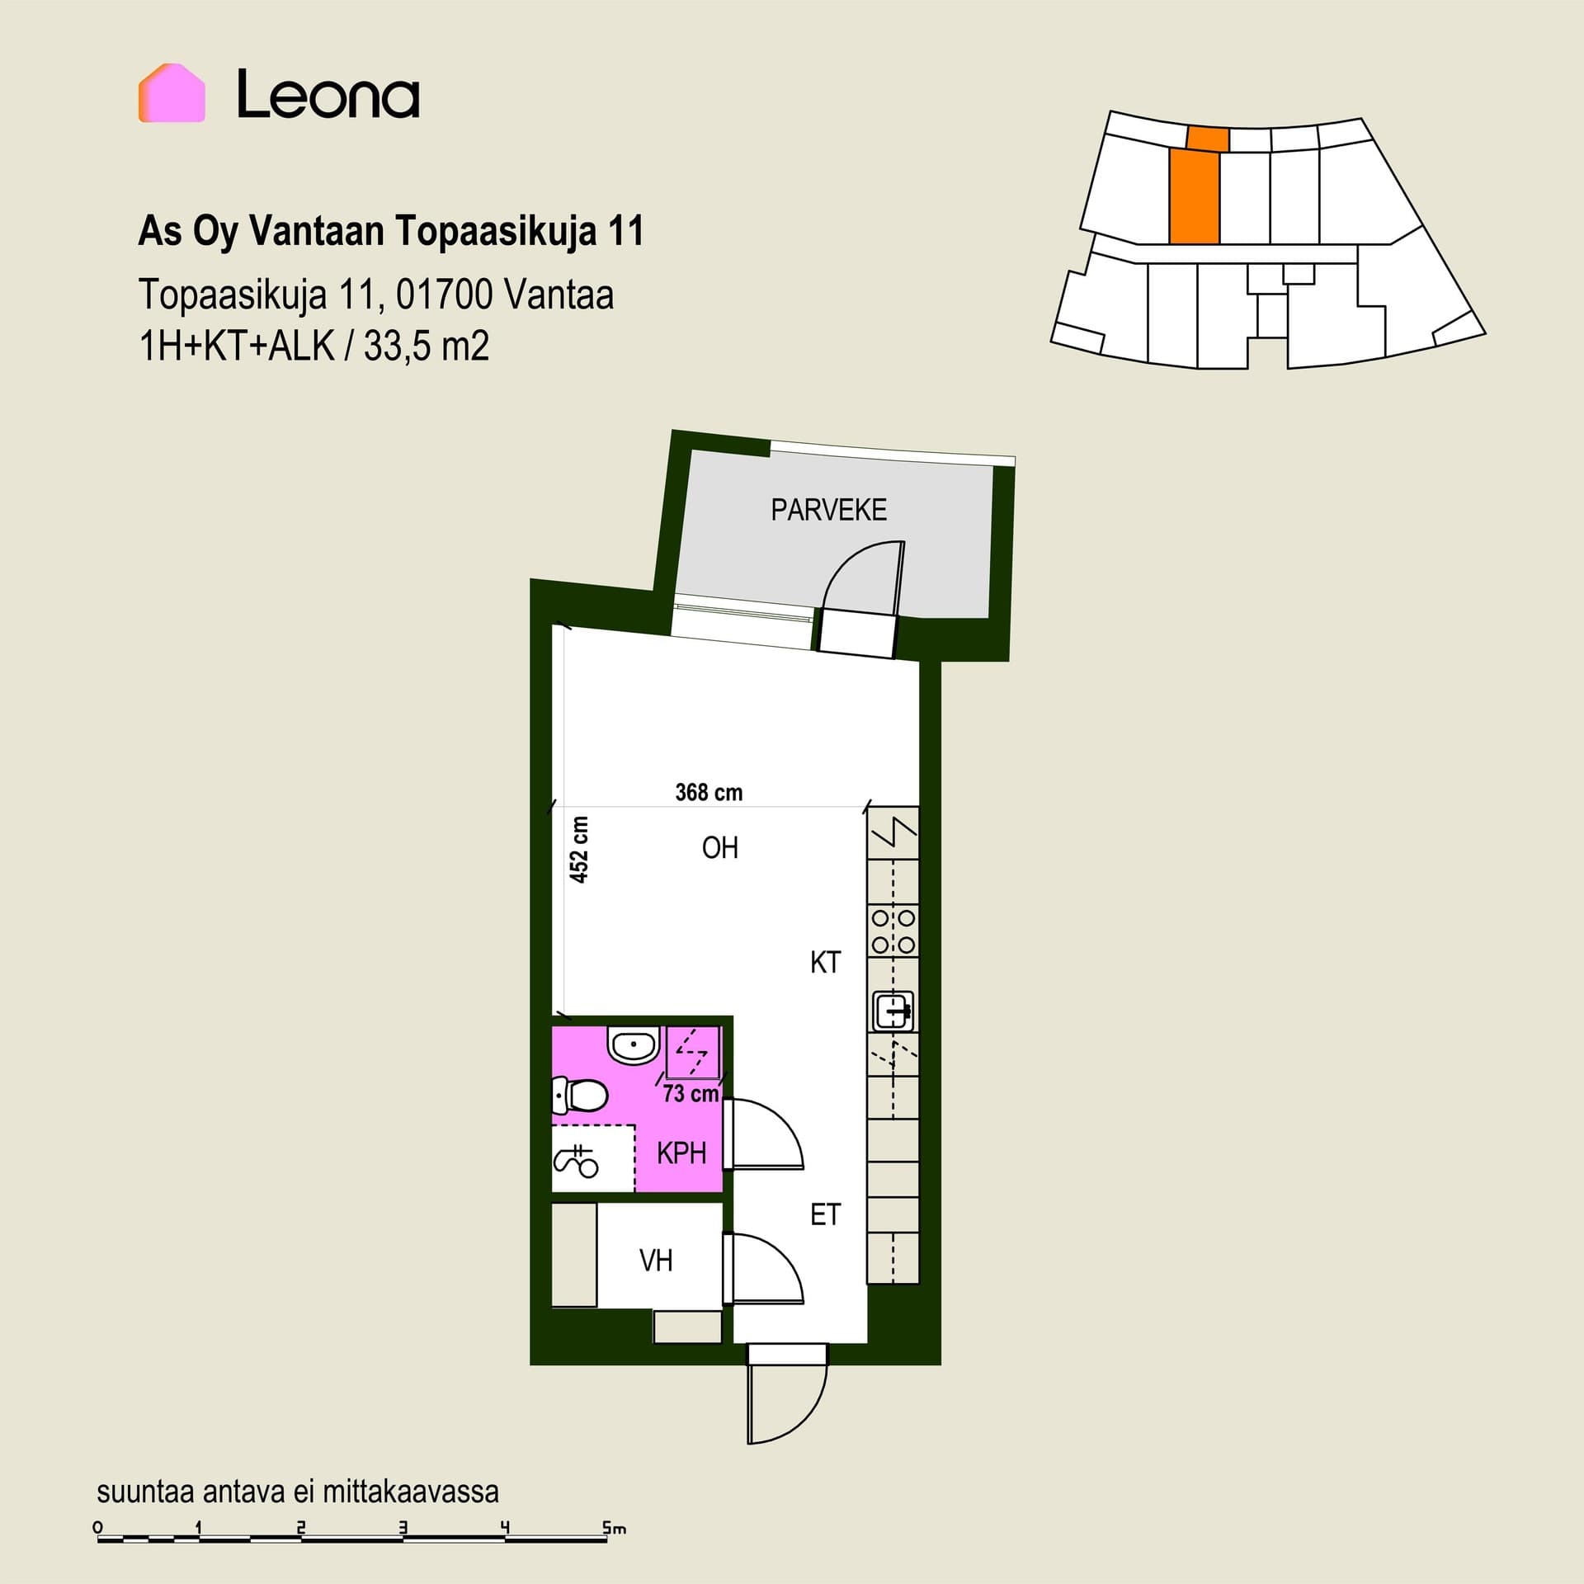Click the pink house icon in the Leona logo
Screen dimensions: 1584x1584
point(172,93)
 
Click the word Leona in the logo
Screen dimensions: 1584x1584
point(328,94)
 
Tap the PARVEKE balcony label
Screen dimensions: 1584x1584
point(828,510)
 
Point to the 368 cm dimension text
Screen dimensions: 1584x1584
point(709,793)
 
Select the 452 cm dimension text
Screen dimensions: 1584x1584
point(580,850)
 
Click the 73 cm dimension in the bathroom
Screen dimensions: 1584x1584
point(691,1094)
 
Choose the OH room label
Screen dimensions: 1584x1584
point(719,848)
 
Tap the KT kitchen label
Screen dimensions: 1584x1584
point(825,962)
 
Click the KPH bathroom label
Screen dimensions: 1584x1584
point(681,1153)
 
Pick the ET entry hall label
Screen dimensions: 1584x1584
point(825,1214)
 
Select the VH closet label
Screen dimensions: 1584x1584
point(656,1261)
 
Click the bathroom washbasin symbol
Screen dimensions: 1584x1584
point(633,1044)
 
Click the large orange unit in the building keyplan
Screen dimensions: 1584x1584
point(1194,196)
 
